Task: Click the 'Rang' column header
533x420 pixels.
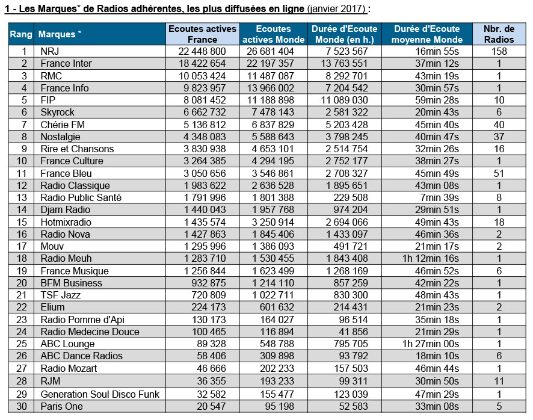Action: click(x=21, y=34)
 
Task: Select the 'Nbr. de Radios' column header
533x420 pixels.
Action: click(x=499, y=34)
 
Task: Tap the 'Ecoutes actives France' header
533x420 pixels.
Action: click(x=202, y=34)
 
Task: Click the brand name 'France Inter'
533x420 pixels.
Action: click(x=66, y=64)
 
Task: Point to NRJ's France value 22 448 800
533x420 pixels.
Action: click(x=202, y=51)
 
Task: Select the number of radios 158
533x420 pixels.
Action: click(x=499, y=51)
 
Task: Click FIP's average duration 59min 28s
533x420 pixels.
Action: click(x=437, y=100)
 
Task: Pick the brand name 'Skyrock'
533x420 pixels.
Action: click(x=57, y=113)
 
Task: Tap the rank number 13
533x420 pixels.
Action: click(x=22, y=197)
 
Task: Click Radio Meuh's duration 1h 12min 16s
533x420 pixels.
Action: click(x=431, y=259)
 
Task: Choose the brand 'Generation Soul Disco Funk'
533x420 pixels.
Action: click(x=100, y=394)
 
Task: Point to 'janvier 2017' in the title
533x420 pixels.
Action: click(x=336, y=8)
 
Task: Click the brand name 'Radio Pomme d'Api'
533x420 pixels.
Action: click(x=82, y=320)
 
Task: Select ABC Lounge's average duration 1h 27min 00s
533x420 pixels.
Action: click(x=431, y=344)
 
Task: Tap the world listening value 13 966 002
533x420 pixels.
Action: click(x=270, y=88)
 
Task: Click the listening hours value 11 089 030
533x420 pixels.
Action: click(x=344, y=100)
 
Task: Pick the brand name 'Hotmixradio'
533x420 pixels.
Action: click(x=66, y=222)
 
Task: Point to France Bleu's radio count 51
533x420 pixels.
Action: click(x=499, y=173)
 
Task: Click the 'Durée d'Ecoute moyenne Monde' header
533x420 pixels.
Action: click(x=427, y=34)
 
